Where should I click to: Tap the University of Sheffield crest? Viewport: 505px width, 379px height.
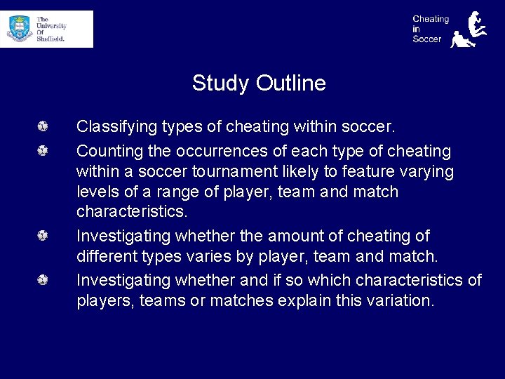pyautogui.click(x=20, y=29)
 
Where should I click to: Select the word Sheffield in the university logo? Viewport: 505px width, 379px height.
pyautogui.click(x=50, y=39)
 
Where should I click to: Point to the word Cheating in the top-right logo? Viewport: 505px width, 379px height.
pyautogui.click(x=430, y=19)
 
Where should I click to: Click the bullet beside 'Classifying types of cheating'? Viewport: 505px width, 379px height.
pyautogui.click(x=43, y=127)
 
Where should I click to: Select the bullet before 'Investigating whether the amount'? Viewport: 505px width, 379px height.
pyautogui.click(x=43, y=237)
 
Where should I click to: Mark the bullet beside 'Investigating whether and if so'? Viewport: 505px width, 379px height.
pyautogui.click(x=43, y=281)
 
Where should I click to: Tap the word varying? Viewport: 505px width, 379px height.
pyautogui.click(x=428, y=171)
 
